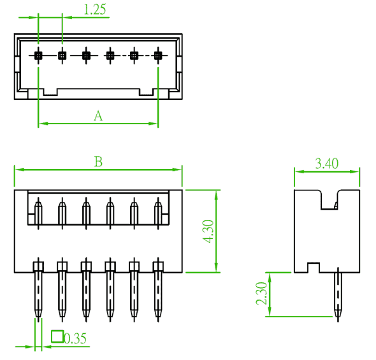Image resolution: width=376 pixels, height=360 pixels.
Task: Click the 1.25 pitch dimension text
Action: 95,10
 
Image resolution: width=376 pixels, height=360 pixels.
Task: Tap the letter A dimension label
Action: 98,116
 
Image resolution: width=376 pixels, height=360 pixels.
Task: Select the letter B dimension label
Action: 98,161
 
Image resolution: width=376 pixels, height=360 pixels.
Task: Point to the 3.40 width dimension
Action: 326,164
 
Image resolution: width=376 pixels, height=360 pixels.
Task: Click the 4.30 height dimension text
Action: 208,231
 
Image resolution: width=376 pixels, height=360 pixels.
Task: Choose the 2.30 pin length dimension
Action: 261,293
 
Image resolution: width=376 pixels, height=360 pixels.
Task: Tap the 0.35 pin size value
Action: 75,338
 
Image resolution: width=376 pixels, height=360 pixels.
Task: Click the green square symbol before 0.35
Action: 57,336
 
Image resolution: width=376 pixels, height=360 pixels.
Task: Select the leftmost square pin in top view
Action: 38,55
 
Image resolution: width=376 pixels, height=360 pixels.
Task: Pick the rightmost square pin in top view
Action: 158,55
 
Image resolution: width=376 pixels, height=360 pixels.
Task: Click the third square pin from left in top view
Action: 86,55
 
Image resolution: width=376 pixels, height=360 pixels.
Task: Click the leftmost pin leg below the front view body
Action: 38,297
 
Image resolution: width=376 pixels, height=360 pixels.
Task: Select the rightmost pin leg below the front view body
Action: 158,297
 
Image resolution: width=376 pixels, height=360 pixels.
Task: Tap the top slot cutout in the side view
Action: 329,200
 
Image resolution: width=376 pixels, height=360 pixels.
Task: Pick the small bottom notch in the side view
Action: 314,268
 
